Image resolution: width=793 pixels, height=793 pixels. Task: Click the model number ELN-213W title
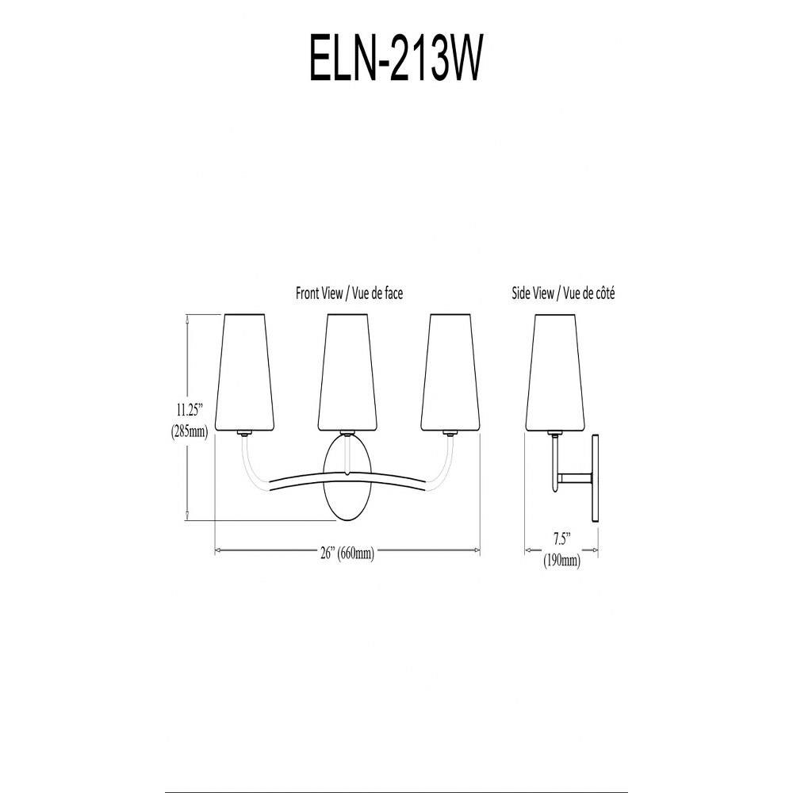pos(395,58)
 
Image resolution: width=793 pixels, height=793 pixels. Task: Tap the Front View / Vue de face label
pos(349,293)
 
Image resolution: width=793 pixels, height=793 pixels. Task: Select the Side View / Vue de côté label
pos(563,293)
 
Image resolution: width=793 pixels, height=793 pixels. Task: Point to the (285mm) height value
pos(190,431)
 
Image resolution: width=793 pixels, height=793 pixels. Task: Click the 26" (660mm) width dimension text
pos(347,553)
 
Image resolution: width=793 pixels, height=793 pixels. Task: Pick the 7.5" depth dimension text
pos(561,539)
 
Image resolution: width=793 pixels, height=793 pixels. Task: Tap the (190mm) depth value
pos(561,561)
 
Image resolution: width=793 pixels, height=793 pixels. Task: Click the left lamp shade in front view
pos(244,372)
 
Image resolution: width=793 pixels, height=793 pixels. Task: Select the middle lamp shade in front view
pos(347,372)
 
